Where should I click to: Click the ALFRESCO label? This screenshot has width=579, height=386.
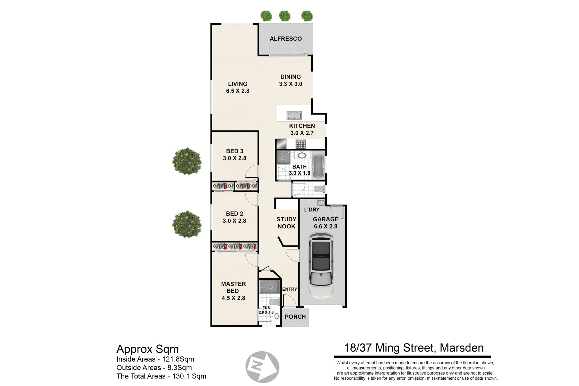coord(286,39)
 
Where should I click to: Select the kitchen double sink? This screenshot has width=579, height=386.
coord(294,115)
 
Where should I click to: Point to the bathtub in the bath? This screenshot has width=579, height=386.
coord(318,166)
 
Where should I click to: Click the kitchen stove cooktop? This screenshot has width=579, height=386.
coord(301,144)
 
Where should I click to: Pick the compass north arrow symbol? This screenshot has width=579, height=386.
coord(262,367)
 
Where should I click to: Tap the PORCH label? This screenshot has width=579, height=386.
coord(295,317)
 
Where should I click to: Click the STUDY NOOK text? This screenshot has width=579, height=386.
coord(286,223)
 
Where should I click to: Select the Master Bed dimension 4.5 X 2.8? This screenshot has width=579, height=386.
coord(233,298)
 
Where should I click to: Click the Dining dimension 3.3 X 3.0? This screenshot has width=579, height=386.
coord(291,84)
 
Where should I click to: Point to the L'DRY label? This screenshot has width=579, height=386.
coord(312,210)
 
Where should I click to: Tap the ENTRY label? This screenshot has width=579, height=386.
coord(289,289)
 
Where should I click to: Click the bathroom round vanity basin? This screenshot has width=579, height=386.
coord(302,155)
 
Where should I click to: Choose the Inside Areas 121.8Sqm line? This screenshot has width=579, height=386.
coord(155,359)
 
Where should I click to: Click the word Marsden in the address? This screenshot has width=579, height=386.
coord(462,348)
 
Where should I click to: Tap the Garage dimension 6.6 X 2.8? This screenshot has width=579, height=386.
coord(325,226)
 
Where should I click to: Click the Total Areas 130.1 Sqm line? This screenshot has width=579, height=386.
coord(161,376)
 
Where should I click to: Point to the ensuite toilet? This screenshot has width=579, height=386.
coord(274,302)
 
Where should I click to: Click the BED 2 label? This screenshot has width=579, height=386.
coord(234,214)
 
